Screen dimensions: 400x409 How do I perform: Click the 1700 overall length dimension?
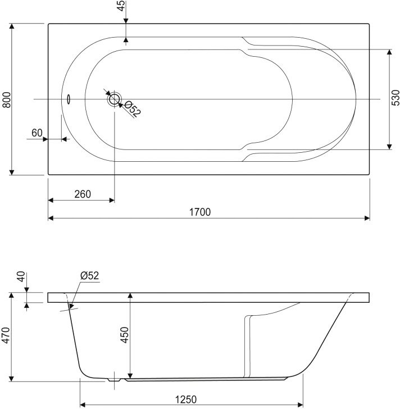pos(200,212)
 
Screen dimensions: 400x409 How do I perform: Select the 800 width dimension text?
pos(7,100)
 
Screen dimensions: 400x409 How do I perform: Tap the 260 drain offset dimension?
pos(83,194)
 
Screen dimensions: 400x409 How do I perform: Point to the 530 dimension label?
pos(396,98)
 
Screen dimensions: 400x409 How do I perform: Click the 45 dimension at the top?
pos(121,6)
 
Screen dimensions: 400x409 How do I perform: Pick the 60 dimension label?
pos(37,133)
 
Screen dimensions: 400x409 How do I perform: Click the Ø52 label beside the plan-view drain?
pos(133,109)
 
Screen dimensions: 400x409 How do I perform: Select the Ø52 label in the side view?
pos(90,275)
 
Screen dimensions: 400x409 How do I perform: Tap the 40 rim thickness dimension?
pos(21,276)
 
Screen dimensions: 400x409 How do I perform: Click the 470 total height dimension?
pos(6,335)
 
